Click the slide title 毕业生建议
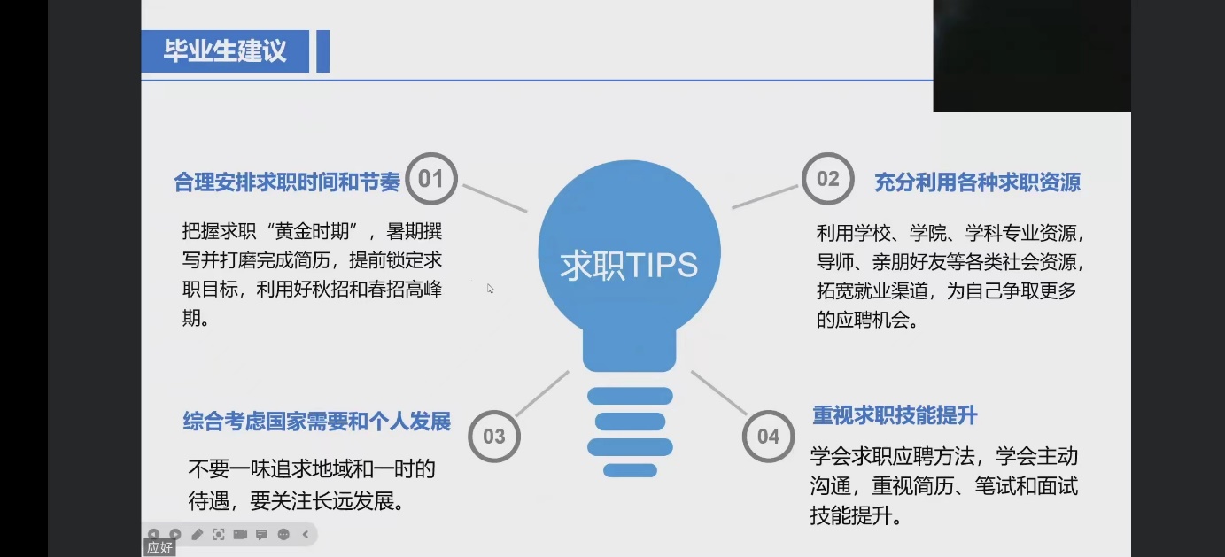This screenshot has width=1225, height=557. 225,50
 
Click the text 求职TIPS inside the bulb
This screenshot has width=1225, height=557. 629,266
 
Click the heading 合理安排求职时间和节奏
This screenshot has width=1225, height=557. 287,182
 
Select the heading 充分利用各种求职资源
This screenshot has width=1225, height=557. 977,182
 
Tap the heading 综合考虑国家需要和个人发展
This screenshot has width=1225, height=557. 316,422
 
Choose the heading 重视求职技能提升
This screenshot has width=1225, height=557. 895,415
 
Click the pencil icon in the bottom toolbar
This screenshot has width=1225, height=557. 197,534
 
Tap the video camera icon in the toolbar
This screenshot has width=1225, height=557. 240,534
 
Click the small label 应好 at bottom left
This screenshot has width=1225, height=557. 159,547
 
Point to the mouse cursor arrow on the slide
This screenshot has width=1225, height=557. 490,289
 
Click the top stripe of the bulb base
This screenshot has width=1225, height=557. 630,396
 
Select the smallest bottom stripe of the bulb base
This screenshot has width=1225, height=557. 630,470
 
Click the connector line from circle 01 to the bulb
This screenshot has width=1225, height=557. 495,197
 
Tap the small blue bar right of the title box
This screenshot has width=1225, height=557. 322,51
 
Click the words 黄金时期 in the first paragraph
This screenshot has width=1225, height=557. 312,232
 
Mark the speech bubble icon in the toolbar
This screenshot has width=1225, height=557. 261,534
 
